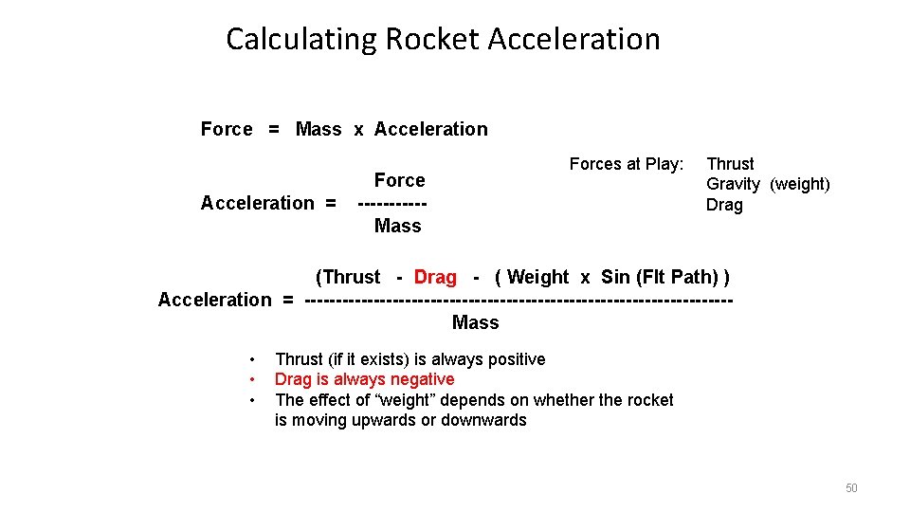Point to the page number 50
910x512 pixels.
(x=850, y=488)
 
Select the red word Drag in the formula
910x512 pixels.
(x=435, y=277)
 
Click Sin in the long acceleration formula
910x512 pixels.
(x=615, y=277)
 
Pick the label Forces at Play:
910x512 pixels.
(x=626, y=164)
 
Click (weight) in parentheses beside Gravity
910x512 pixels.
(x=799, y=184)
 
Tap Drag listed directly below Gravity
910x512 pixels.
(x=724, y=205)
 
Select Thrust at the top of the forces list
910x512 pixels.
(x=730, y=164)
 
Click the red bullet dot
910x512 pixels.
(x=252, y=379)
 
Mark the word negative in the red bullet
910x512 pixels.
(x=422, y=379)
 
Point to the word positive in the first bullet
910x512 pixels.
(x=513, y=359)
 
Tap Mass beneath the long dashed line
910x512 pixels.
(x=475, y=322)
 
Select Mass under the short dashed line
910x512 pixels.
(x=397, y=226)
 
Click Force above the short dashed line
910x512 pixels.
(x=399, y=180)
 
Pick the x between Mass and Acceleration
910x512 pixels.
(x=358, y=130)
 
